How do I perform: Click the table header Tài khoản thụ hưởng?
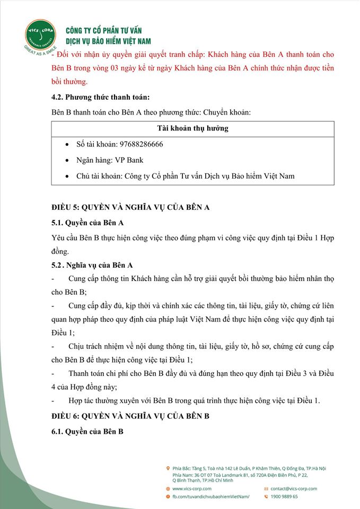point(193,129)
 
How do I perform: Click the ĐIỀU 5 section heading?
point(130,207)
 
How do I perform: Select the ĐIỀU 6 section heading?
point(130,416)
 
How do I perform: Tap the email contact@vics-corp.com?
point(294,488)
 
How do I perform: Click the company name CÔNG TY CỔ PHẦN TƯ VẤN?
point(103,31)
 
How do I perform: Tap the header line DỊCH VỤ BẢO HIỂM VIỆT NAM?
point(108,41)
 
